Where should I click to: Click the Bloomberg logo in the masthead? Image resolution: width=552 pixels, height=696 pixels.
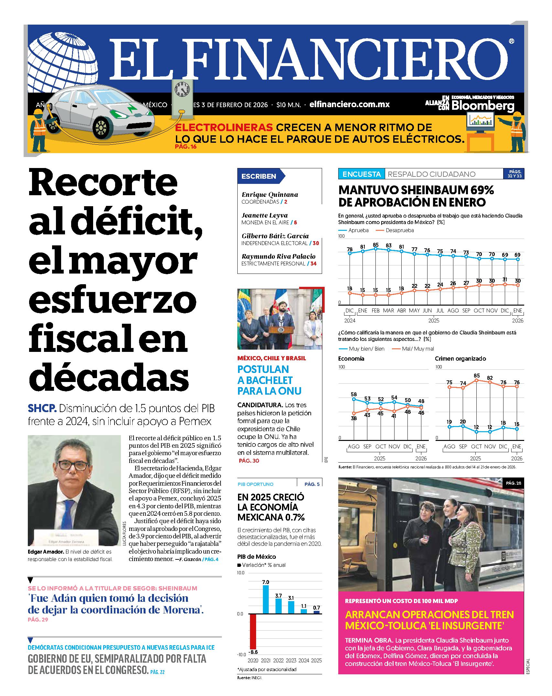click(x=482, y=106)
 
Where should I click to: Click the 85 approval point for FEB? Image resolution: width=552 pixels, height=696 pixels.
click(x=375, y=249)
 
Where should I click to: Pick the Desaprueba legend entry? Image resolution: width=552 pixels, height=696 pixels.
click(x=395, y=230)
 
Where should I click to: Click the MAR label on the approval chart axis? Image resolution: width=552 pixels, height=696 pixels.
click(x=388, y=310)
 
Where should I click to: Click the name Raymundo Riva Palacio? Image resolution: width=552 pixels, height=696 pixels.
click(x=278, y=256)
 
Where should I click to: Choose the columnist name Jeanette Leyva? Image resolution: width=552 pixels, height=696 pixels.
click(x=265, y=215)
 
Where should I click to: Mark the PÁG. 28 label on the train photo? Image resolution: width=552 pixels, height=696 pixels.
click(x=514, y=483)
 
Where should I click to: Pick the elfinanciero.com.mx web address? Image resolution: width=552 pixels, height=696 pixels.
click(x=349, y=105)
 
